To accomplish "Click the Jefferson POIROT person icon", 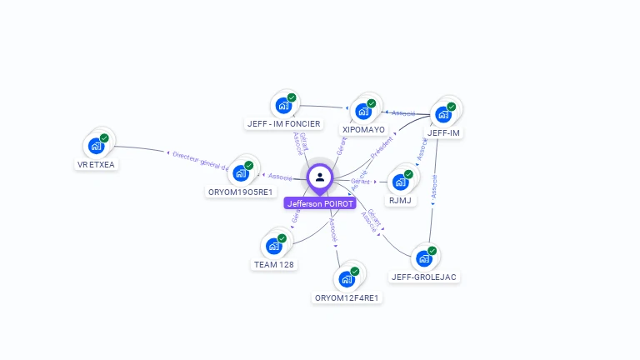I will click(320, 177).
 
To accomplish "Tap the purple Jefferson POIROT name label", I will click(320, 203).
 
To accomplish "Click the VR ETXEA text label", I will click(97, 165).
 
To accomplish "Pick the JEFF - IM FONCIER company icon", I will click(283, 106).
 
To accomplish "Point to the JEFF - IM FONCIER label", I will click(283, 124).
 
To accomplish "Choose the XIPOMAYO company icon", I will click(363, 111).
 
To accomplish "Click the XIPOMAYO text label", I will click(363, 130).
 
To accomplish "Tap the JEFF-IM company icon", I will click(443, 114).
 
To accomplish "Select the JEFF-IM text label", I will click(443, 132).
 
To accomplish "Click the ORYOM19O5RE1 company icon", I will click(241, 173).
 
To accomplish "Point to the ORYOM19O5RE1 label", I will click(240, 192).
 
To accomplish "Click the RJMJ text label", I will click(401, 201).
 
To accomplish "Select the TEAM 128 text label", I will click(273, 265).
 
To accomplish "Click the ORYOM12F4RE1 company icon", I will click(347, 279).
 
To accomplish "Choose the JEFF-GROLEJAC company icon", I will click(423, 258).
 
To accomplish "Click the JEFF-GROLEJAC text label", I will click(423, 277).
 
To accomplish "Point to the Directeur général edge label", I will click(199, 160).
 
